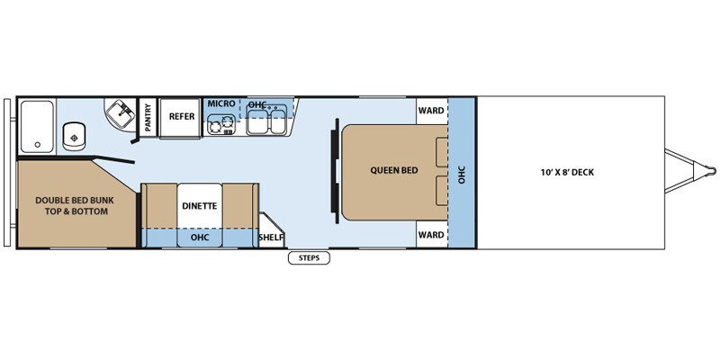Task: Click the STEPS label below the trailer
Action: pyautogui.click(x=309, y=258)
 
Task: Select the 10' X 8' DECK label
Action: pyautogui.click(x=567, y=173)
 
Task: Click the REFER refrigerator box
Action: pyautogui.click(x=182, y=117)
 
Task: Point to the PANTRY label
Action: pyautogui.click(x=148, y=118)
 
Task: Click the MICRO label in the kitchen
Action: pyautogui.click(x=221, y=103)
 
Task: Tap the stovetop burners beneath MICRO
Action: pyautogui.click(x=221, y=124)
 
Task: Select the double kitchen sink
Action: pyautogui.click(x=266, y=120)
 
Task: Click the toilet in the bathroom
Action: pyautogui.click(x=73, y=136)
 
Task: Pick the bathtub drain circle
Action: pyautogui.click(x=37, y=145)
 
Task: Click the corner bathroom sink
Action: pyautogui.click(x=121, y=114)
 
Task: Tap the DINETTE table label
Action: pyautogui.click(x=199, y=206)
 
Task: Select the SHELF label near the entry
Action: pyautogui.click(x=272, y=238)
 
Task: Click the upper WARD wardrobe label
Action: pyautogui.click(x=431, y=110)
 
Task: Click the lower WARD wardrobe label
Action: pyautogui.click(x=431, y=235)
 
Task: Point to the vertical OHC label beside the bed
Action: pyautogui.click(x=462, y=175)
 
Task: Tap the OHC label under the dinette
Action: pyautogui.click(x=200, y=238)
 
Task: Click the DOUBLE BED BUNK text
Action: pyautogui.click(x=75, y=200)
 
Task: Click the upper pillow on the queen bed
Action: pyautogui.click(x=442, y=153)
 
